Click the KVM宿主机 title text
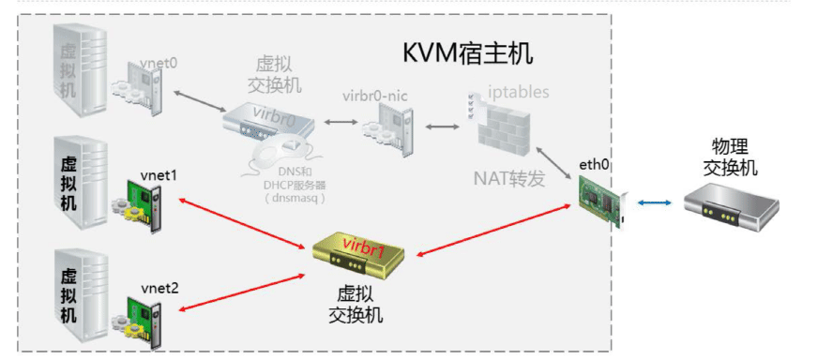click(x=468, y=52)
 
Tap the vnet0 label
click(x=159, y=63)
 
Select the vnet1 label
click(x=159, y=175)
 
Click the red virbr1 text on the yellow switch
click(x=363, y=247)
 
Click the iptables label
click(x=519, y=92)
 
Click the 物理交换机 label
click(x=735, y=157)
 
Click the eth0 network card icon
click(x=600, y=200)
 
